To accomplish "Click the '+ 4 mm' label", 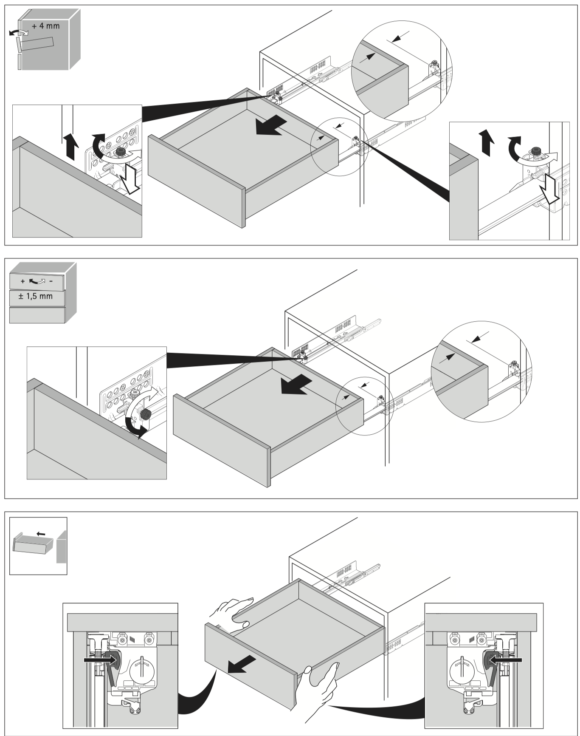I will (45, 26).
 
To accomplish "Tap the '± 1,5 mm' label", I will (36, 296).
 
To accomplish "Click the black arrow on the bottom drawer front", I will (242, 664).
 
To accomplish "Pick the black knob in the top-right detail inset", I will (536, 151).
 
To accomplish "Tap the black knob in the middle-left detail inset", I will (146, 414).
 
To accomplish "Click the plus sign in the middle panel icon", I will (23, 281).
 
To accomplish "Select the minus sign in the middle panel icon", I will (51, 281).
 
